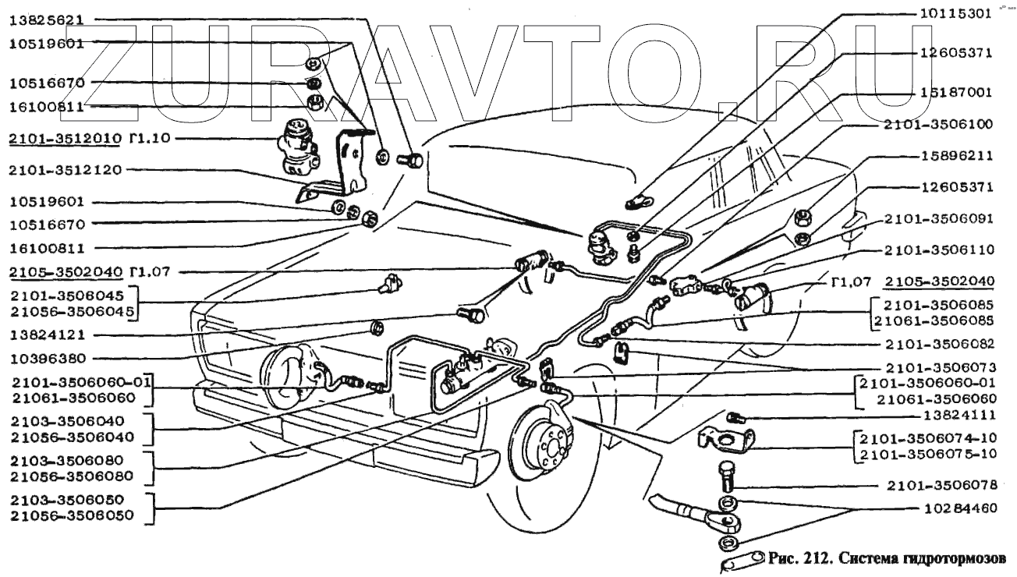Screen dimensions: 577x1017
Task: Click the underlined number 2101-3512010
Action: (x=64, y=139)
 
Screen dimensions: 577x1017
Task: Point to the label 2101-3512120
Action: (x=64, y=170)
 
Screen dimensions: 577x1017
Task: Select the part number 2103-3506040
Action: (x=64, y=421)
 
